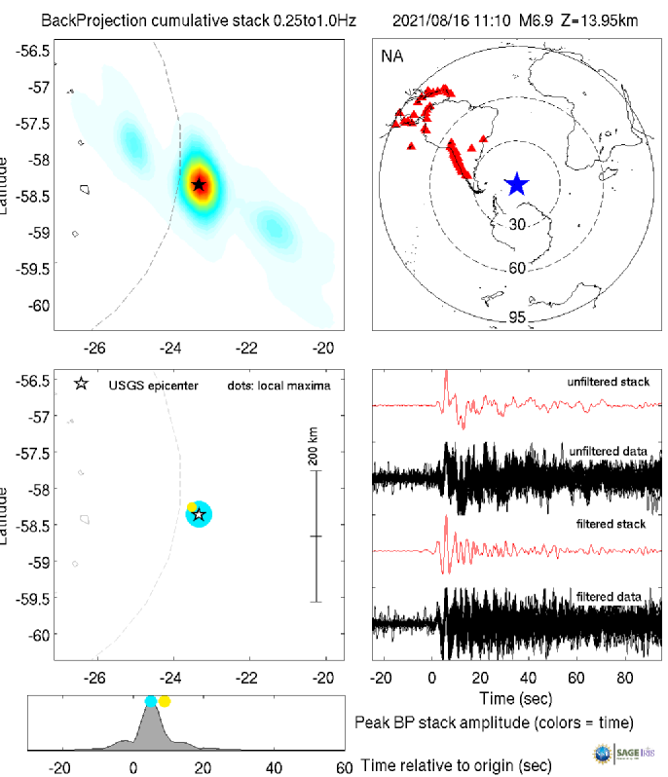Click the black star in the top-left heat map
click(x=199, y=184)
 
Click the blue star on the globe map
click(x=516, y=183)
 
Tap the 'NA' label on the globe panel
click(x=390, y=56)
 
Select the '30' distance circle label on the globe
click(x=518, y=224)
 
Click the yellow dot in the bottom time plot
click(x=165, y=701)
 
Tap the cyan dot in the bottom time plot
click(x=150, y=701)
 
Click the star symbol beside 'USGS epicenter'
click(x=82, y=385)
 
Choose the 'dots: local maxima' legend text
click(x=278, y=386)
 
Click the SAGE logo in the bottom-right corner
click(x=628, y=752)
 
